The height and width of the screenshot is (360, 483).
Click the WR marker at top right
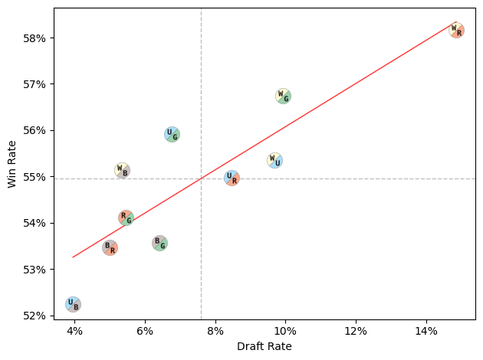click(x=456, y=31)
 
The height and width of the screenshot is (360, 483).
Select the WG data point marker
click(x=283, y=96)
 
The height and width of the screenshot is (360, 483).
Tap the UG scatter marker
click(x=172, y=134)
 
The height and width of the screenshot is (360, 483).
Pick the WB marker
click(x=122, y=170)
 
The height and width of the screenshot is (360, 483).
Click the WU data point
click(x=274, y=160)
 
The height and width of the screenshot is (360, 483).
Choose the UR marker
click(x=232, y=178)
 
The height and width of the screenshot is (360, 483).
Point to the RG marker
click(x=126, y=218)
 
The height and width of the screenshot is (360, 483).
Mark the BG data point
click(x=159, y=243)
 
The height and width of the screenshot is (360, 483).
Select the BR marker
click(x=110, y=247)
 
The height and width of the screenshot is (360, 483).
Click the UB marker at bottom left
click(x=73, y=304)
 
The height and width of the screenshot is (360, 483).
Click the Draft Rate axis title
click(x=264, y=347)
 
